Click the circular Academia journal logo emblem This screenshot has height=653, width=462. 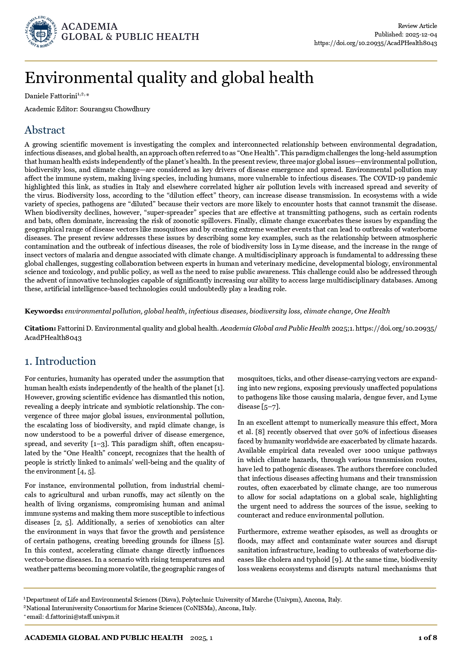pos(41,32)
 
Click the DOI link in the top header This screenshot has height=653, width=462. pos(375,43)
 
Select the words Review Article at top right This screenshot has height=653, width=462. pos(417,26)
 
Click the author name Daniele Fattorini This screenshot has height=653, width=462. pos(51,96)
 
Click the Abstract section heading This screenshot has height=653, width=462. pos(45,130)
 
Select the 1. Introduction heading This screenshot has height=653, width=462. pos(60,361)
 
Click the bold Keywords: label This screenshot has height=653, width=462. pos(44,311)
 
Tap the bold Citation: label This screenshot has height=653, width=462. pos(40,328)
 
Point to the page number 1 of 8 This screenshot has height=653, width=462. pos(427,638)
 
